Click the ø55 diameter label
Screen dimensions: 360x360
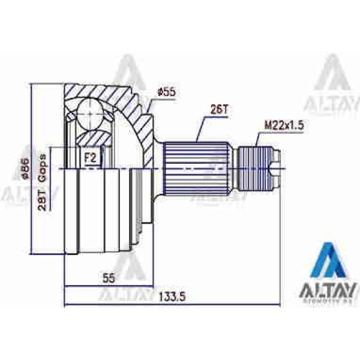pyautogui.click(x=165, y=92)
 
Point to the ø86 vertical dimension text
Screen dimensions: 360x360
pyautogui.click(x=26, y=169)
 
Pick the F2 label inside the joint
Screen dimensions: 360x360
pyautogui.click(x=91, y=158)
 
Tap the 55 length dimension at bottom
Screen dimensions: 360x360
pyautogui.click(x=107, y=278)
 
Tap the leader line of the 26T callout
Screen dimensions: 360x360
pyautogui.click(x=201, y=127)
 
